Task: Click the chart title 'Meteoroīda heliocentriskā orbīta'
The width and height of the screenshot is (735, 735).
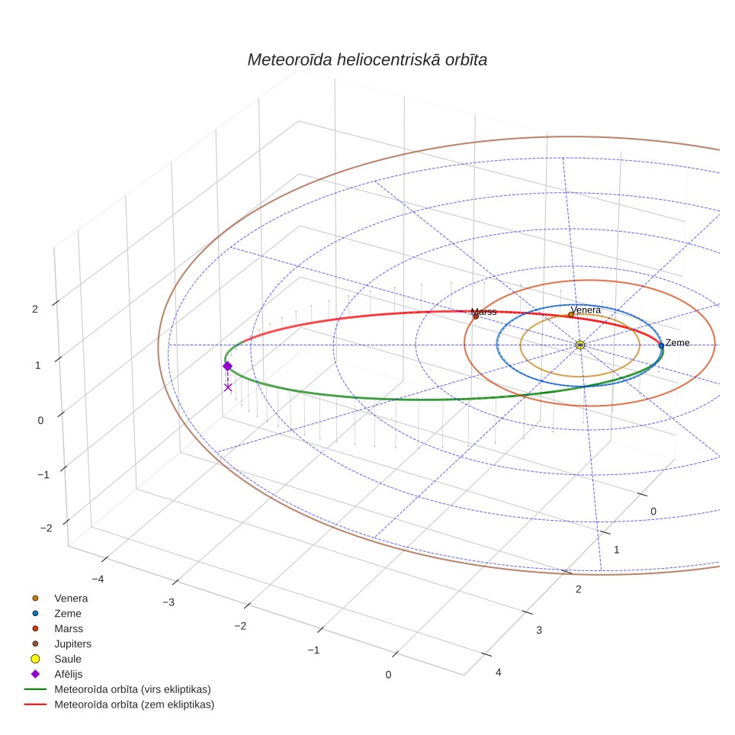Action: pyautogui.click(x=367, y=60)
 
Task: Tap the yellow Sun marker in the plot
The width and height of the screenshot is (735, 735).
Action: pyautogui.click(x=580, y=345)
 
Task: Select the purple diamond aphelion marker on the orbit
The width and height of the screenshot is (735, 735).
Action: pyautogui.click(x=227, y=366)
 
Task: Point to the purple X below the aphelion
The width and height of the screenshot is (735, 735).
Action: pyautogui.click(x=228, y=387)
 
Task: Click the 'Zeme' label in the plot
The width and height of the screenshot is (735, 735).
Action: pyautogui.click(x=677, y=342)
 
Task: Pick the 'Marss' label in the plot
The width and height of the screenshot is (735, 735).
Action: pyautogui.click(x=483, y=312)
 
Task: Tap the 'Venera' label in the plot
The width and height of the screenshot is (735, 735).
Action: pyautogui.click(x=586, y=310)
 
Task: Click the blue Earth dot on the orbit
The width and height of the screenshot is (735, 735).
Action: pyautogui.click(x=661, y=345)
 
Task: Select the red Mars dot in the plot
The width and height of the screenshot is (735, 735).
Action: pyautogui.click(x=476, y=316)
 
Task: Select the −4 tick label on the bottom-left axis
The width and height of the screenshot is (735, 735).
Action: pyautogui.click(x=98, y=579)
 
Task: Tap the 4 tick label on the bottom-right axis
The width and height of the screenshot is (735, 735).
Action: pyautogui.click(x=499, y=672)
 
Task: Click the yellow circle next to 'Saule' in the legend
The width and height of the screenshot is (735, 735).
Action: pyautogui.click(x=35, y=659)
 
